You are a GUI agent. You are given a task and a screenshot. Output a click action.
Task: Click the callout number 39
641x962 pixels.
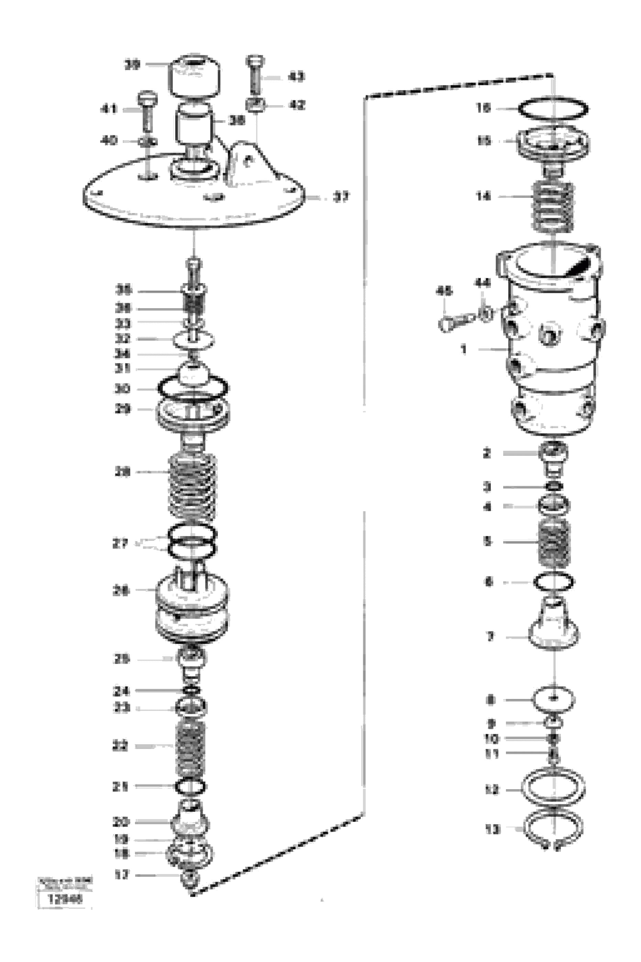[132, 65]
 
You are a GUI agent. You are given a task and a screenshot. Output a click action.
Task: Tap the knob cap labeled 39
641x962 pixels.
[195, 77]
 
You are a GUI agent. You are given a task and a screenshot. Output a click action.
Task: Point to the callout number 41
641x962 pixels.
[109, 109]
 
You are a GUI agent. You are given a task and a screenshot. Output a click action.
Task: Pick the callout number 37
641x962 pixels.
[341, 198]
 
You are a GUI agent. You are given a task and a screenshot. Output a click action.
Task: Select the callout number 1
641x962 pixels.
[463, 349]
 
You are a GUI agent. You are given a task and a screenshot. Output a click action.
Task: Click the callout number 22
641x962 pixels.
[120, 746]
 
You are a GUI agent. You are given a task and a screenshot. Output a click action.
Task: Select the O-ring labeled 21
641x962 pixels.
[190, 786]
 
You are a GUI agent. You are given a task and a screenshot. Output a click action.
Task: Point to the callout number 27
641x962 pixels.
[120, 544]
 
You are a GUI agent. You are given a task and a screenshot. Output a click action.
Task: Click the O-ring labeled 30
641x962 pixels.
[192, 388]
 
